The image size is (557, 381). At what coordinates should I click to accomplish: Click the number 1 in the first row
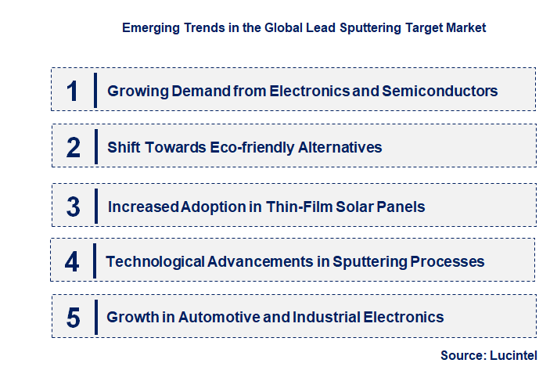[73, 91]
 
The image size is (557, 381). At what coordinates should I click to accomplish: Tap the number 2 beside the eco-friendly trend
[74, 147]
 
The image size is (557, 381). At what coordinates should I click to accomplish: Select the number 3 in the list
[74, 207]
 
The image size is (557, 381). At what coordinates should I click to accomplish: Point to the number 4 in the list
[72, 261]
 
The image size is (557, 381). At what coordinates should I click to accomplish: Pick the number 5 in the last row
[74, 318]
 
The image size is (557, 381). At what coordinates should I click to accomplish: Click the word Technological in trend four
[155, 261]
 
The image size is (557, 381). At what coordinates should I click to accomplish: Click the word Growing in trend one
[132, 91]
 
